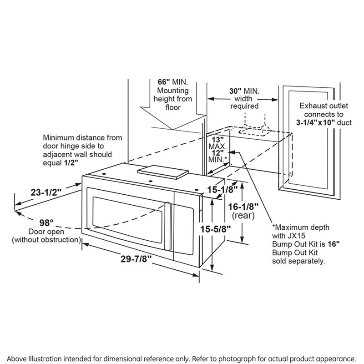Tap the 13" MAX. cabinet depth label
pos(217,143)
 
